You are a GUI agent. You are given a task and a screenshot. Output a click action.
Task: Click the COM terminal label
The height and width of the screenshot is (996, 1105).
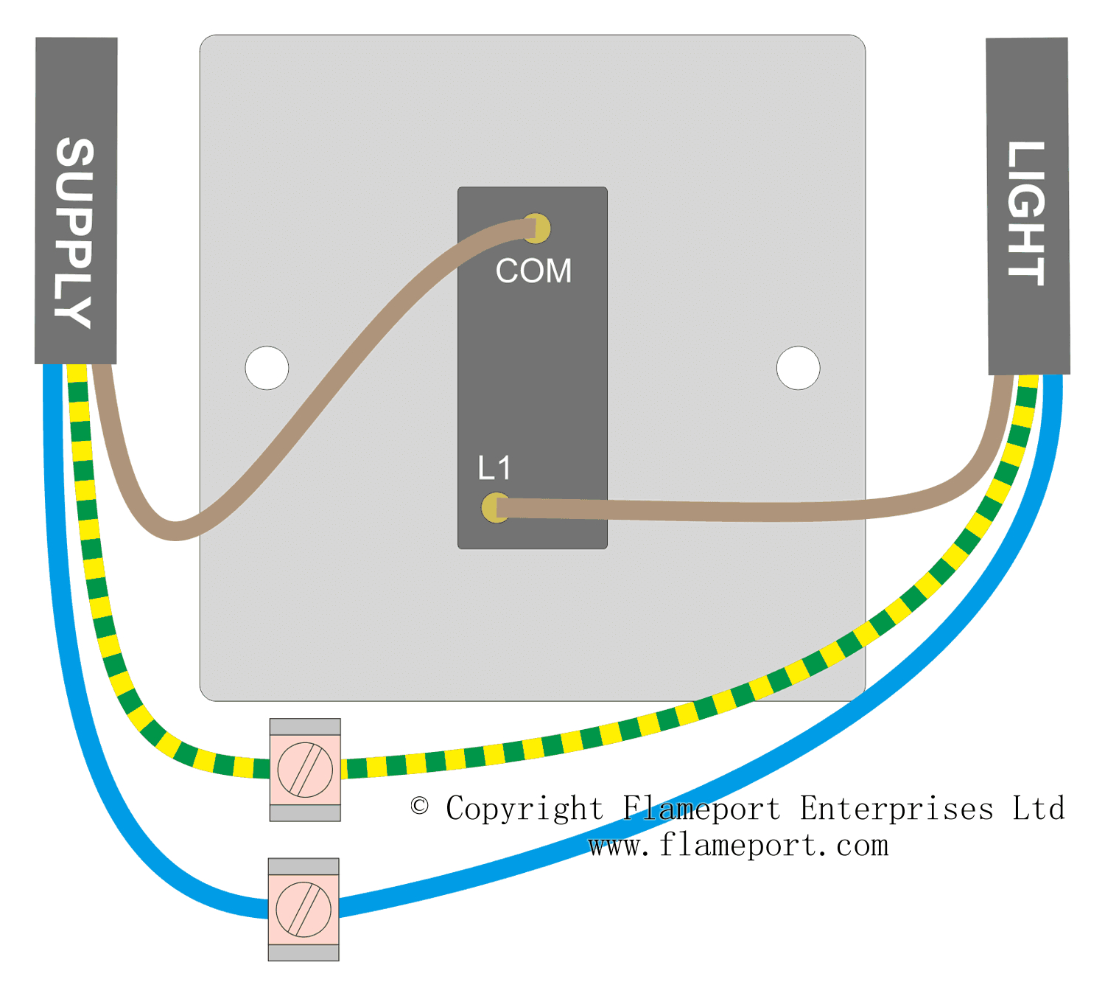coord(533,271)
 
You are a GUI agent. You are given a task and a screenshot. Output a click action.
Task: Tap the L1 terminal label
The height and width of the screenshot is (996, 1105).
coord(494,468)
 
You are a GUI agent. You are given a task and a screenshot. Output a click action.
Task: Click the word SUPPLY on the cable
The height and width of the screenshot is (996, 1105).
coord(74,233)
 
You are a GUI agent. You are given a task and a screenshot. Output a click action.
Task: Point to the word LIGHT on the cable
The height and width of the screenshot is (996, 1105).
coord(1026,214)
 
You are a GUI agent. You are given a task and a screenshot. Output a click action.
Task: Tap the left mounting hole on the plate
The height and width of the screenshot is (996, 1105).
coord(267,367)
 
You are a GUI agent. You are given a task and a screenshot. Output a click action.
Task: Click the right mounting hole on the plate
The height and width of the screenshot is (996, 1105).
coord(798,367)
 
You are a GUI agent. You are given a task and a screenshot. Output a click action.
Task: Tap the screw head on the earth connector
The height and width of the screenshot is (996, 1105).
coord(305,770)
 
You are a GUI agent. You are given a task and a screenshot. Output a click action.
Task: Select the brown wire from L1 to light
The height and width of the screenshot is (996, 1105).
coord(737,511)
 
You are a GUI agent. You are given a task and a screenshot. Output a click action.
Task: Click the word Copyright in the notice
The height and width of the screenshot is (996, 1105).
coord(525,809)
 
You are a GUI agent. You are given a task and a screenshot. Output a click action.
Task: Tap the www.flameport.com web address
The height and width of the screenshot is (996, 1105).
coord(739,846)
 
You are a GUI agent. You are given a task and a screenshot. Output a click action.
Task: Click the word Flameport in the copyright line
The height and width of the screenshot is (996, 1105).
coord(701,809)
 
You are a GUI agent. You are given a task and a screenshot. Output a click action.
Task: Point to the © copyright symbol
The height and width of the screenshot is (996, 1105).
coord(420,806)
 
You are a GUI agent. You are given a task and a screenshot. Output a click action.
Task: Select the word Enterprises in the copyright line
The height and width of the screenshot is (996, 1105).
coord(897,809)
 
